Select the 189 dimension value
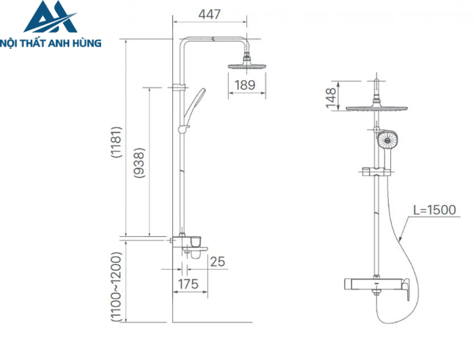(244, 85)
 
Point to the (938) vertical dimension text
(139, 163)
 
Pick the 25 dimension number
(217, 262)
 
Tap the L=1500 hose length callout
(434, 211)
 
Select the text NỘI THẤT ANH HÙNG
(51, 43)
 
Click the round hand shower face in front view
(388, 141)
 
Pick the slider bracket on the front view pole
(375, 171)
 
